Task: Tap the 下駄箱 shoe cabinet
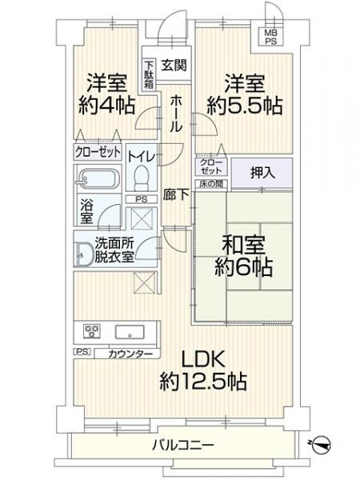click(150, 74)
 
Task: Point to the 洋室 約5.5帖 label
click(246, 92)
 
